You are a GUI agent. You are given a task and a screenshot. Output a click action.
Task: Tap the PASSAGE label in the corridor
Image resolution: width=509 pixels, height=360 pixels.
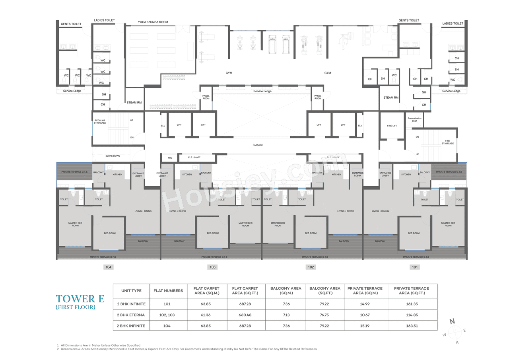click(x=258, y=145)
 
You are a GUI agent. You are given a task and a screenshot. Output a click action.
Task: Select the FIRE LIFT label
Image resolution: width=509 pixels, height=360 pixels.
click(x=392, y=126)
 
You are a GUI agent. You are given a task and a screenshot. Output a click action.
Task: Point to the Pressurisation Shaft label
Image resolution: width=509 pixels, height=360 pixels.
click(x=414, y=120)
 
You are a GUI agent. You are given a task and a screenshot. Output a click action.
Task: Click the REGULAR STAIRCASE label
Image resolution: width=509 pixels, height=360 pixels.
click(x=100, y=121)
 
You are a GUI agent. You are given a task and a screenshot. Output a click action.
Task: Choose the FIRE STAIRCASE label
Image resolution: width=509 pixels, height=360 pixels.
click(x=447, y=142)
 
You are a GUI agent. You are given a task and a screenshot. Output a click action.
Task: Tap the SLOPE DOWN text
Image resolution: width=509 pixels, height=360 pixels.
click(x=113, y=156)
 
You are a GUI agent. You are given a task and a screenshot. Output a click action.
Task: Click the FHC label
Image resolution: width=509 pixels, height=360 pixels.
click(x=170, y=158)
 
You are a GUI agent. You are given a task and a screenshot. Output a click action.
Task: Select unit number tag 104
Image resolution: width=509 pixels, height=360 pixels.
click(x=108, y=267)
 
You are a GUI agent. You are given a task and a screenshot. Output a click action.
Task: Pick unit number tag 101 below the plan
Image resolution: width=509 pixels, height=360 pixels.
click(x=415, y=267)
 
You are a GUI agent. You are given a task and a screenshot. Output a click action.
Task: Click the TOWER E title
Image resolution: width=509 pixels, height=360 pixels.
click(x=75, y=299)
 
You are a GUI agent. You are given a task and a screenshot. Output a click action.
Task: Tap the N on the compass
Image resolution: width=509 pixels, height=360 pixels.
click(x=452, y=322)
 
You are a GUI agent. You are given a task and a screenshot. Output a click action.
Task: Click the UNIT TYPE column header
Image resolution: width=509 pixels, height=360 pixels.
click(x=131, y=291)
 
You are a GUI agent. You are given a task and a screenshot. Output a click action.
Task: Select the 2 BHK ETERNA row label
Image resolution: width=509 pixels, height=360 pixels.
click(x=131, y=315)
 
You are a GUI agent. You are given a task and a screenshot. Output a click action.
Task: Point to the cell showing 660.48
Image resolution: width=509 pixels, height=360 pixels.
click(x=245, y=315)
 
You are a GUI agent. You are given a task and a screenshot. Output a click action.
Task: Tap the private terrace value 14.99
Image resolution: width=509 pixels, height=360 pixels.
click(x=365, y=304)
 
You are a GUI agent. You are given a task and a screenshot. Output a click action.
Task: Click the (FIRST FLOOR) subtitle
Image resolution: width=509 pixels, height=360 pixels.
click(x=75, y=307)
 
